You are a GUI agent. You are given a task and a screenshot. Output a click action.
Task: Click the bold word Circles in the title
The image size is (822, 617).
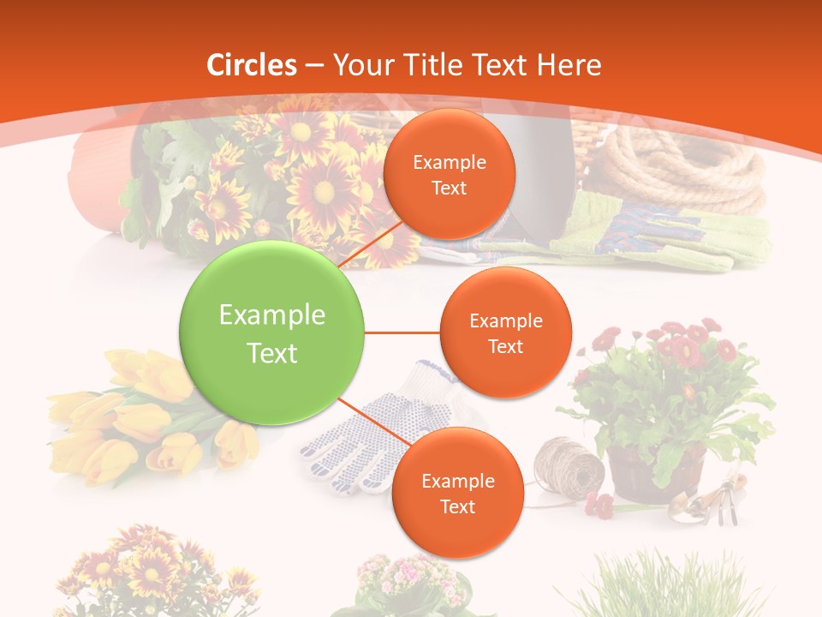(x=251, y=65)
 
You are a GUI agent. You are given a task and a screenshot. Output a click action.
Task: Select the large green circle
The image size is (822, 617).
(x=272, y=333)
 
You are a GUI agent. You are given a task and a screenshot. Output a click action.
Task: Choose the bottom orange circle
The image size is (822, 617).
(x=457, y=493)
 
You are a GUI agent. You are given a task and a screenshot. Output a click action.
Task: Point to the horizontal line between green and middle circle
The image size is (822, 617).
(x=402, y=332)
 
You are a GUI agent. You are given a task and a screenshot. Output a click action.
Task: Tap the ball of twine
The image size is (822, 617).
(x=569, y=466)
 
